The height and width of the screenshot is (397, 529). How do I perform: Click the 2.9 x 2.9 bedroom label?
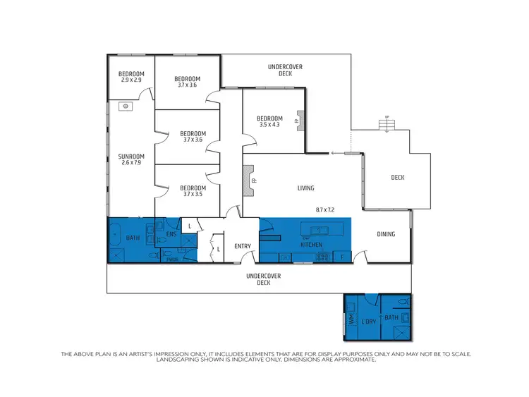tap(131, 77)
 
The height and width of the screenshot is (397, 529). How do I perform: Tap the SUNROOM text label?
tap(131, 157)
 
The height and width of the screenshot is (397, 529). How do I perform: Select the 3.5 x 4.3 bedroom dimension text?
tap(269, 125)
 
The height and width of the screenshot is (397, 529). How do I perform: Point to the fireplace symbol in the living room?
tap(249, 180)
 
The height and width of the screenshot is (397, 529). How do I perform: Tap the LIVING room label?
tap(305, 188)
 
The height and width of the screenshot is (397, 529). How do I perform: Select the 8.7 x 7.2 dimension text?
tap(329, 210)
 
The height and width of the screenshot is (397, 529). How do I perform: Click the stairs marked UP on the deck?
tap(385, 125)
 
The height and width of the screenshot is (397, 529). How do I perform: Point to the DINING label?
tap(385, 234)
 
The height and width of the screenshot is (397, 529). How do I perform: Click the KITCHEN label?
tap(312, 245)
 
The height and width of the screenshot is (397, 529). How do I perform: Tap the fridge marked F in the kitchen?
tap(341, 257)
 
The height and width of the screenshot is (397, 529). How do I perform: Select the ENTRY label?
tap(243, 246)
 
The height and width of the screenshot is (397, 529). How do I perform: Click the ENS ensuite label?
tap(171, 234)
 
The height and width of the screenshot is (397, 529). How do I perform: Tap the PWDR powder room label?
tap(172, 259)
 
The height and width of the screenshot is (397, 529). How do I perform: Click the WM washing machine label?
tap(351, 319)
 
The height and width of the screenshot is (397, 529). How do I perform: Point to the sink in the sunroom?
tap(124, 106)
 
